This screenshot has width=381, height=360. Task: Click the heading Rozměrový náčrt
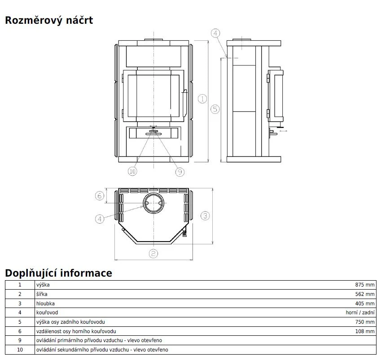pos(49,20)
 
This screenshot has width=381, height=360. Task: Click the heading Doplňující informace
pos(58,273)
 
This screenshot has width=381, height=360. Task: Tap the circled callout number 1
pos(202,99)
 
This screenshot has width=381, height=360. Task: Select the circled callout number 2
pos(153,254)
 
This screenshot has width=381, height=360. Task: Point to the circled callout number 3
pos(206,216)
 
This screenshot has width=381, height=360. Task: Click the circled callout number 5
pos(215,109)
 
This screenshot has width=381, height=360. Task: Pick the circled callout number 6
pos(100,195)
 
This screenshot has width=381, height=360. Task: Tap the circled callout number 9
pos(180,172)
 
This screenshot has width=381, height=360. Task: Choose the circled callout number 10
pos(132,171)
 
